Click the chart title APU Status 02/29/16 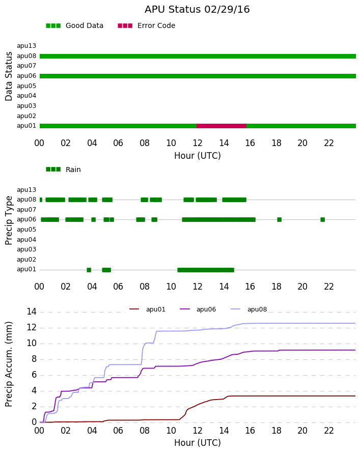click(197, 10)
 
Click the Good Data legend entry click(74, 26)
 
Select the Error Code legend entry click(147, 26)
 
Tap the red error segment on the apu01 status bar click(221, 126)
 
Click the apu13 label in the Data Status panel click(26, 46)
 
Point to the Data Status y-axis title click(9, 76)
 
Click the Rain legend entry click(63, 169)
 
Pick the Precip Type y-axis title click(9, 220)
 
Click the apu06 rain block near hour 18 click(280, 219)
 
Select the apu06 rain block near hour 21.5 click(323, 219)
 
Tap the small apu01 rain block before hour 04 click(89, 270)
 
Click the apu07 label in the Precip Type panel click(26, 210)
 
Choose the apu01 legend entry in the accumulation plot click(147, 309)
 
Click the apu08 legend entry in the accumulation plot click(249, 309)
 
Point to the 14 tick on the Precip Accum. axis click(32, 312)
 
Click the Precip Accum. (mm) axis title click(9, 364)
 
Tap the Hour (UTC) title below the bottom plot click(198, 443)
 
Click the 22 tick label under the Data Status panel click(329, 143)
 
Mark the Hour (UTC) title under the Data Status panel click(198, 156)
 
